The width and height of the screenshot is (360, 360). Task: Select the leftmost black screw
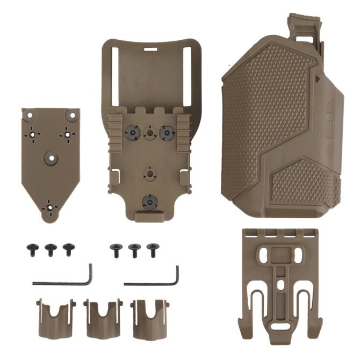31,248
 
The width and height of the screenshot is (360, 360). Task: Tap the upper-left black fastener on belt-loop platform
129,132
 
